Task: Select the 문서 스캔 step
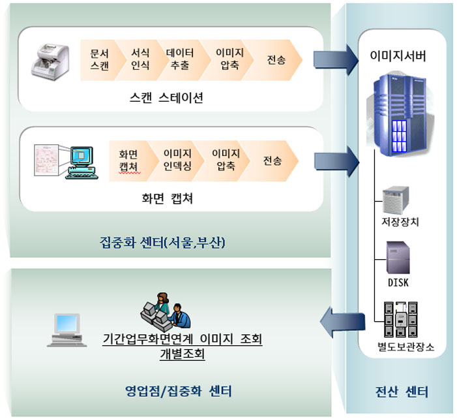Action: pos(100,60)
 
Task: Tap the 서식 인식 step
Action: pos(140,60)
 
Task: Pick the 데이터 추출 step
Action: pos(180,60)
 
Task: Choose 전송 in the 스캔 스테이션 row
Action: pos(276,60)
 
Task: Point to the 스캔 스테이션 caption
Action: pos(166,99)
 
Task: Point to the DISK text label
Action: pos(398,283)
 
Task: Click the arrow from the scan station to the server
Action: pos(335,61)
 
